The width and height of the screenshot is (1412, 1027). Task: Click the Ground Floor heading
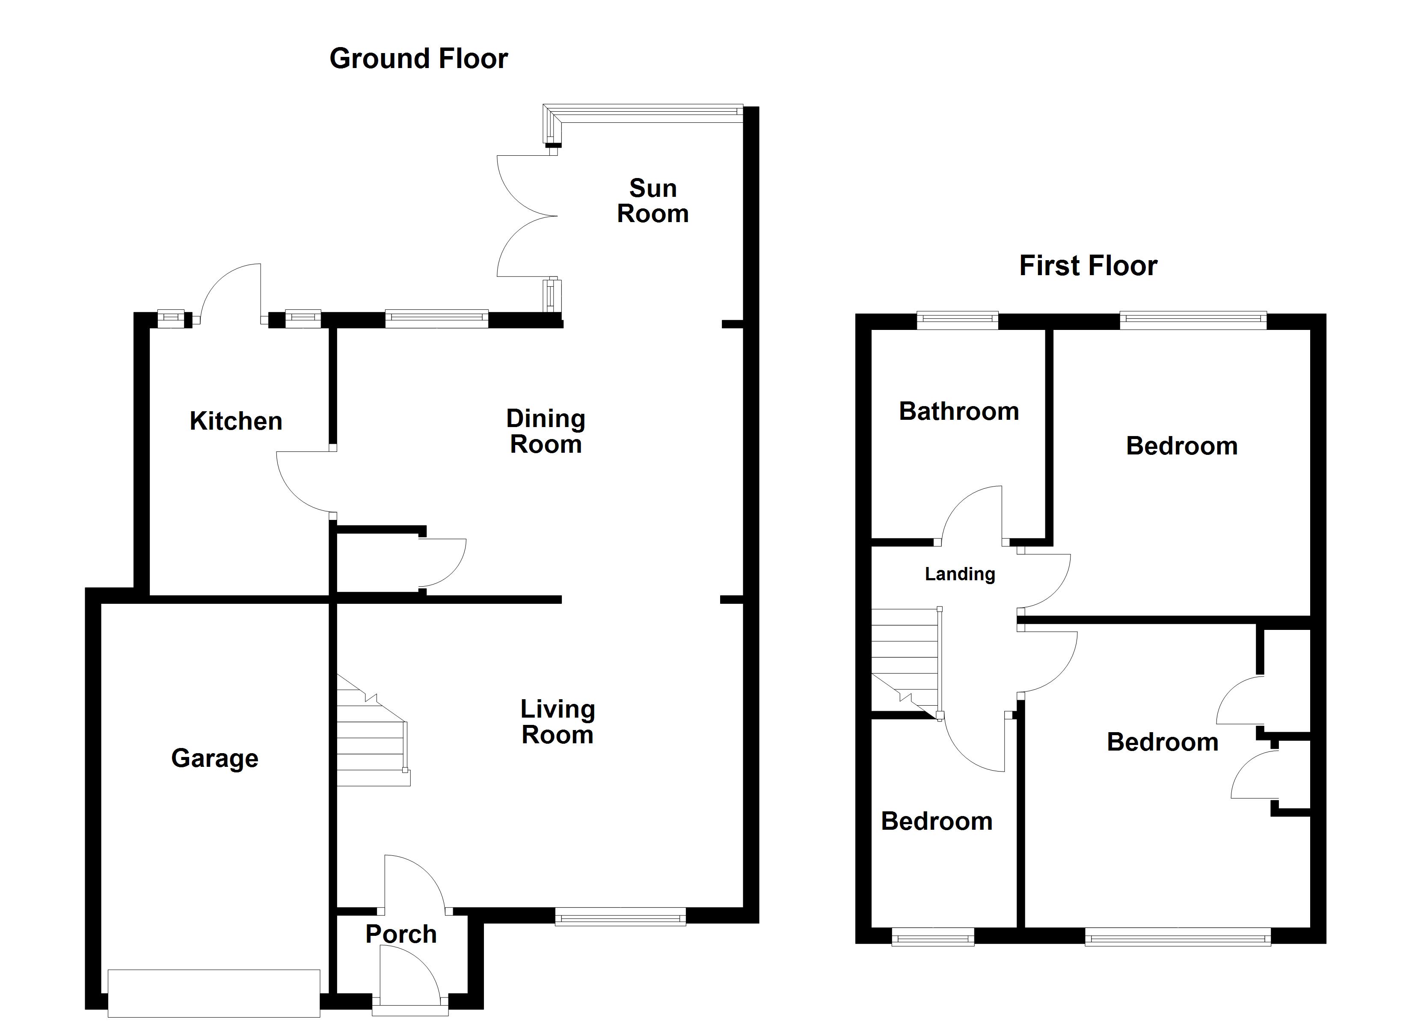418,59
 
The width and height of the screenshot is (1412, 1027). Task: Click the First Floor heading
1088,266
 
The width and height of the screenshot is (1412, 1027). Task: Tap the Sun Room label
653,201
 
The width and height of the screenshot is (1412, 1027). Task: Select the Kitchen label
236,421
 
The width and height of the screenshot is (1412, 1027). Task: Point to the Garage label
215,759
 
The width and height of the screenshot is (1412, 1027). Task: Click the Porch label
401,934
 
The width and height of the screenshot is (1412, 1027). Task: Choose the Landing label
959,574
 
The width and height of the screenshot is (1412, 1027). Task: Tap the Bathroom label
959,412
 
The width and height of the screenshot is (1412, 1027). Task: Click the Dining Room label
546,432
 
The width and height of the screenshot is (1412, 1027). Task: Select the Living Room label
557,722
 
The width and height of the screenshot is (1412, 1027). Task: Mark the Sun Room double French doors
526,216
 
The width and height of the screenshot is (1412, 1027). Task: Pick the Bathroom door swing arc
971,514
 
